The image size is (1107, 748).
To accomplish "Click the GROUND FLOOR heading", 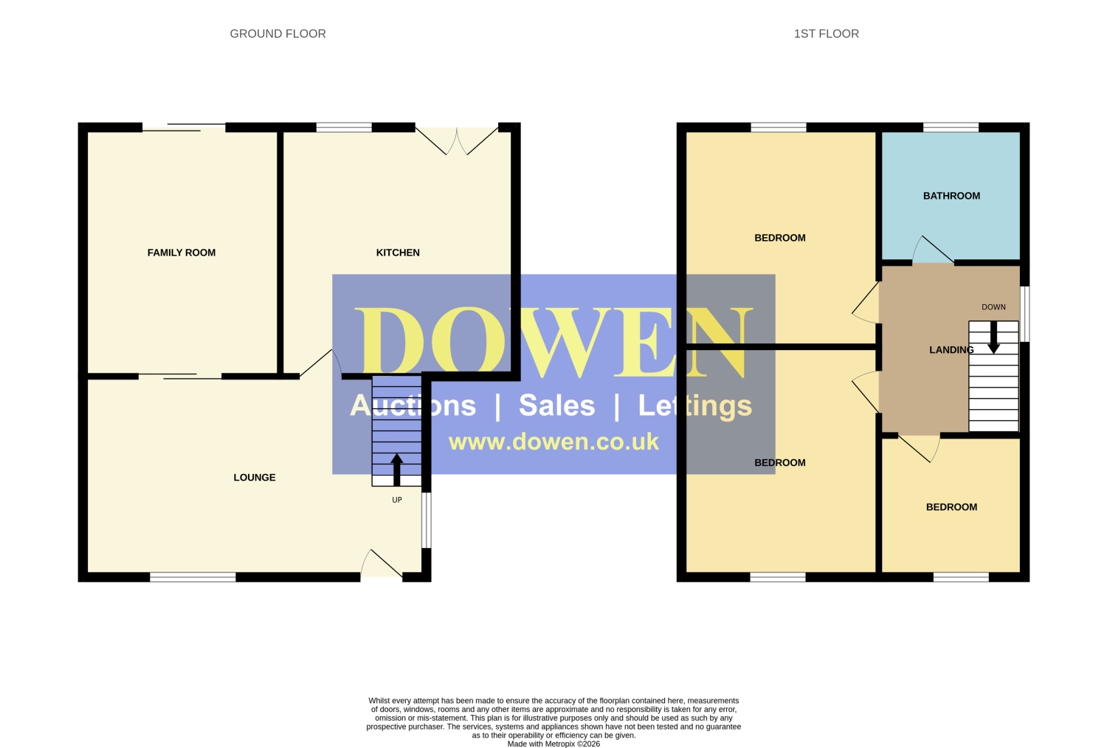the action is coord(277,34).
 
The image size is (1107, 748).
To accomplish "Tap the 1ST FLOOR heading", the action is coord(827,34).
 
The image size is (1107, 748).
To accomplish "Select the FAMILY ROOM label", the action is coord(182,253).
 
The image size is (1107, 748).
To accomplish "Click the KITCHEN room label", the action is coord(398,253).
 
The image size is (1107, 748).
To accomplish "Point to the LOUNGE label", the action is coord(255,478).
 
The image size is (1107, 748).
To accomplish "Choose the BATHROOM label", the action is coord(952,196).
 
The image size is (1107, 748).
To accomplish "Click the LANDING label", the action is coord(952,350).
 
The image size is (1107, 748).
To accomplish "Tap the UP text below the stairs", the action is coord(397,500).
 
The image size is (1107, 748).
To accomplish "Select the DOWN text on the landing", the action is coord(993,307).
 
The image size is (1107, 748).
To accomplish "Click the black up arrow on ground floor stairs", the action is coord(397,470).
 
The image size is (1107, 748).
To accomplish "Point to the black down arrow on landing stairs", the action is coord(993,337).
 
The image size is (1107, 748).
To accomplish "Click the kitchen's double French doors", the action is coord(457,140).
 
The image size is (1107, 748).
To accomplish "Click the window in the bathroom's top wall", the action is coord(951,128).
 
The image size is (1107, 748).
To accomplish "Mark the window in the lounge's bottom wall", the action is coord(193,577).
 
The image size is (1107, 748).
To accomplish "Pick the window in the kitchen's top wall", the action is coord(344,128).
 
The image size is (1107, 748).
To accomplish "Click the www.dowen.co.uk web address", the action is coord(553,442).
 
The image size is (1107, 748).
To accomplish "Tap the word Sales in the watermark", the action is coord(557,405).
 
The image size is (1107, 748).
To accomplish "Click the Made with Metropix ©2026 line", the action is coord(553,744).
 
